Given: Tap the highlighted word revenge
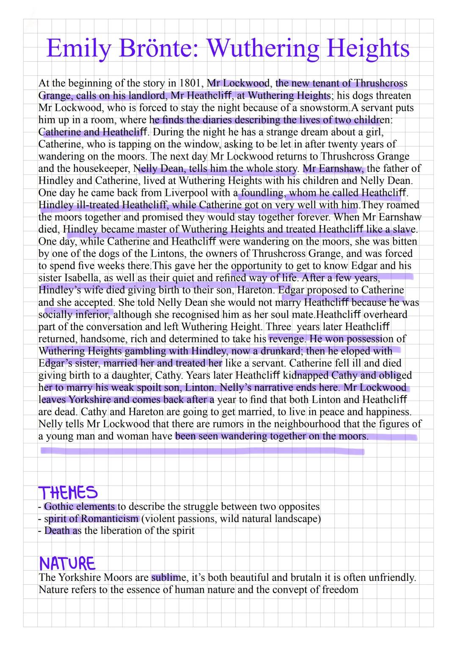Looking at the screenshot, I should (x=287, y=339).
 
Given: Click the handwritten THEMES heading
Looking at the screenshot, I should (x=68, y=493).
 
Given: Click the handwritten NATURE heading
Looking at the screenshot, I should (x=67, y=564).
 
